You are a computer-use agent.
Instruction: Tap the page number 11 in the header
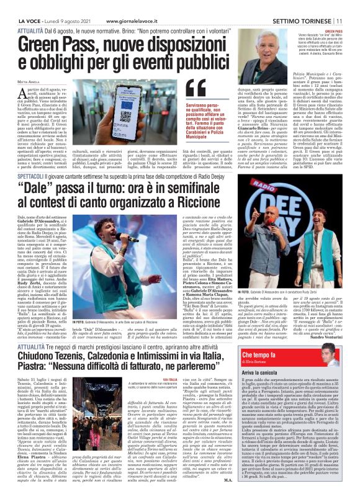pyautogui.click(x=353, y=5)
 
